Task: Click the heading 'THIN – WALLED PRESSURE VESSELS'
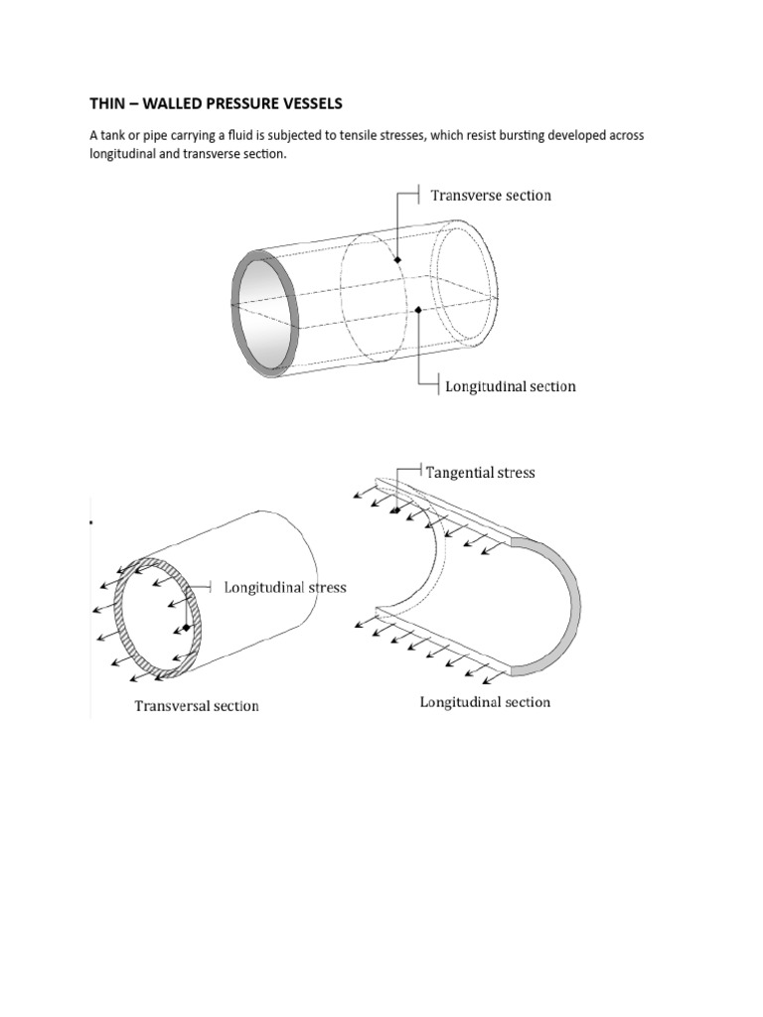pos(217,104)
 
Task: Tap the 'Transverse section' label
pos(491,196)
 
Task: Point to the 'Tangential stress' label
pos(480,473)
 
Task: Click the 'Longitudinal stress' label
pos(285,588)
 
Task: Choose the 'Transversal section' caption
pos(197,706)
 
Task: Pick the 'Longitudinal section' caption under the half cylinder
pos(485,702)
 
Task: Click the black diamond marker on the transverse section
pos(397,260)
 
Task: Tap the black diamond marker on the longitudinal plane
pos(418,310)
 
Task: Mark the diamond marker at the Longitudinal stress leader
pos(186,628)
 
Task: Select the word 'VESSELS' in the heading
pos(307,104)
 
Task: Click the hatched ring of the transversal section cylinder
pos(123,636)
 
